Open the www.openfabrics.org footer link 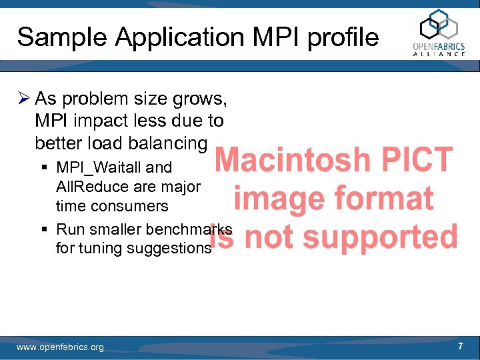(x=60, y=347)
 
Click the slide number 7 (x=460, y=347)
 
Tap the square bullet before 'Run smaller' (x=43, y=230)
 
